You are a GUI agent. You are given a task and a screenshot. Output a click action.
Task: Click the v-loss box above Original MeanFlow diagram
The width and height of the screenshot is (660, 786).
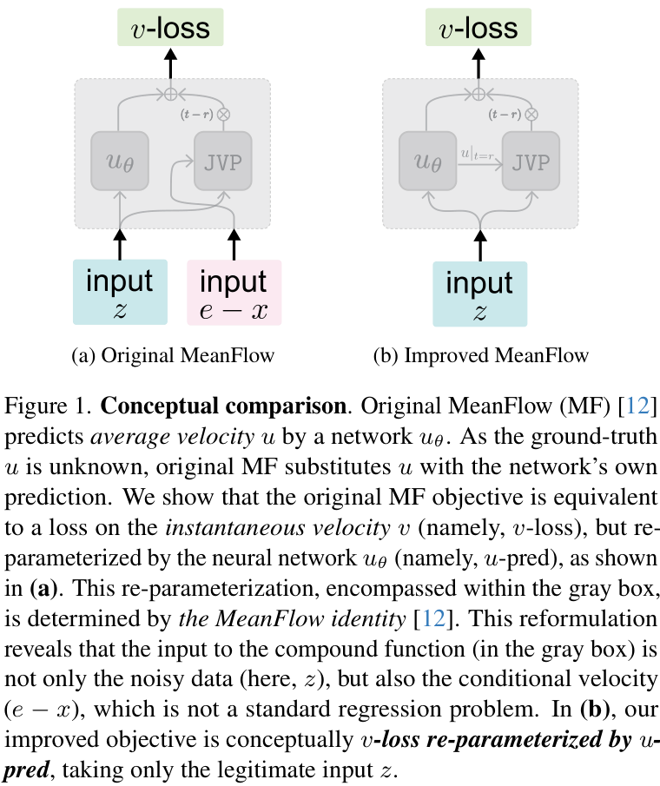tap(170, 28)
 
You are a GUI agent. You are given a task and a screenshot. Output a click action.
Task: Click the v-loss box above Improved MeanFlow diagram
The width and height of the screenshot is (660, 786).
tap(478, 28)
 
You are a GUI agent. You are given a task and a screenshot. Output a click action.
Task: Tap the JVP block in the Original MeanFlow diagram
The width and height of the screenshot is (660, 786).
tap(223, 162)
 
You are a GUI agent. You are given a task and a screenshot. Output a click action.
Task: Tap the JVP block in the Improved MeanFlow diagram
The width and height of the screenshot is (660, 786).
tap(531, 162)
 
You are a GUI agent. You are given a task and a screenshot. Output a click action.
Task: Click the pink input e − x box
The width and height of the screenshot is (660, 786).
tap(234, 293)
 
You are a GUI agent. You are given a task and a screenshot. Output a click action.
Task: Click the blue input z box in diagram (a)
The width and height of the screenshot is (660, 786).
tap(120, 292)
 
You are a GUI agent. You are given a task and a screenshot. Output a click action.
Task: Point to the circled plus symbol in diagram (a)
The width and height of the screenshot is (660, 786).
tap(171, 92)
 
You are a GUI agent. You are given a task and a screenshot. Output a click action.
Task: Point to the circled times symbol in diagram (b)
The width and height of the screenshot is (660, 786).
tap(531, 114)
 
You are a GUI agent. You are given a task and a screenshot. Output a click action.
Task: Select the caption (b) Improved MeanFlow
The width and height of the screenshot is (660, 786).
tap(480, 355)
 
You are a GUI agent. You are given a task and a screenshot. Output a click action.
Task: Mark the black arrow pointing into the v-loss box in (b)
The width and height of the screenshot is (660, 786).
tap(478, 63)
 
